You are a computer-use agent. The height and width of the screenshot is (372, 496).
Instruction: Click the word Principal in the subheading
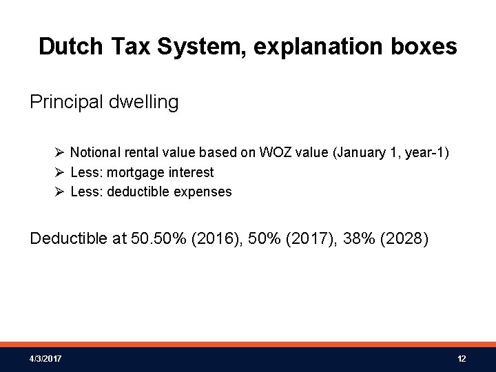tap(67, 103)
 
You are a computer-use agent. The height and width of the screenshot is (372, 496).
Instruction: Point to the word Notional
tap(95, 152)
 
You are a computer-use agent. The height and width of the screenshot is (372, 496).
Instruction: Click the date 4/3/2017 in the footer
tap(45, 359)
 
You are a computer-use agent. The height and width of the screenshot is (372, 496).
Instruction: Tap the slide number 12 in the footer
tap(462, 359)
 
